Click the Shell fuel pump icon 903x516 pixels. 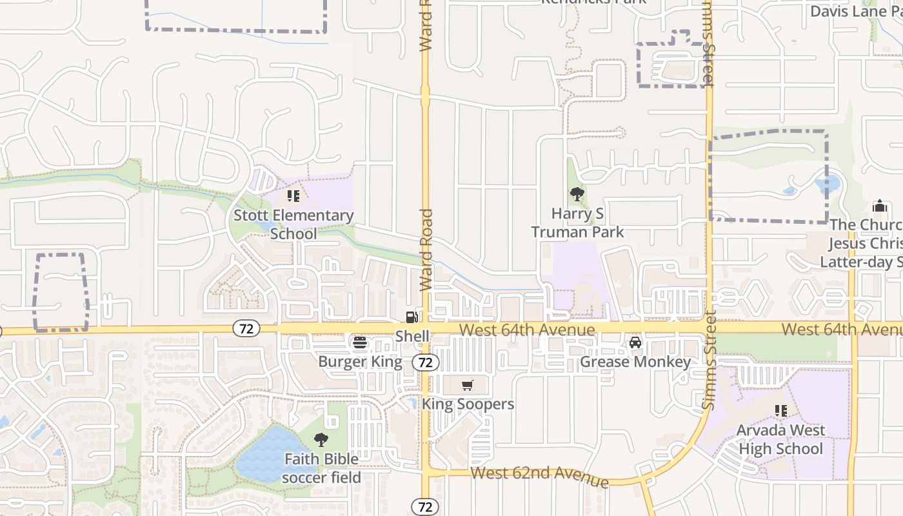pyautogui.click(x=412, y=317)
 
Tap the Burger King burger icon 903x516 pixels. pyautogui.click(x=360, y=342)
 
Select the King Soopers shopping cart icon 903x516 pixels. pyautogui.click(x=468, y=386)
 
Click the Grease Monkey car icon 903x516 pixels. pyautogui.click(x=635, y=342)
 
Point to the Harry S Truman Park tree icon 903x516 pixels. pyautogui.click(x=577, y=193)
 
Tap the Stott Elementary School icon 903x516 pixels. pyautogui.click(x=293, y=196)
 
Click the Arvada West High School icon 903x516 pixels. pyautogui.click(x=781, y=410)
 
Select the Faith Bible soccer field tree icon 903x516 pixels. pyautogui.click(x=321, y=440)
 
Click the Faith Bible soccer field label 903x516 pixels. pyautogui.click(x=321, y=468)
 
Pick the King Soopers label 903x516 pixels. pyautogui.click(x=468, y=404)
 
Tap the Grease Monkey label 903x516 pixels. pyautogui.click(x=635, y=362)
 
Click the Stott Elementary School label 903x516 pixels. pyautogui.click(x=293, y=224)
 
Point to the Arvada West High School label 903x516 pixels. pyautogui.click(x=781, y=439)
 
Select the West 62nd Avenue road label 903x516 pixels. pyautogui.click(x=539, y=477)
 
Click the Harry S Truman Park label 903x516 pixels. pyautogui.click(x=577, y=223)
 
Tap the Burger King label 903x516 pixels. pyautogui.click(x=360, y=362)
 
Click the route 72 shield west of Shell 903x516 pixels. pyautogui.click(x=246, y=329)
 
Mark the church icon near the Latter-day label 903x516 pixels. pyautogui.click(x=879, y=206)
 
